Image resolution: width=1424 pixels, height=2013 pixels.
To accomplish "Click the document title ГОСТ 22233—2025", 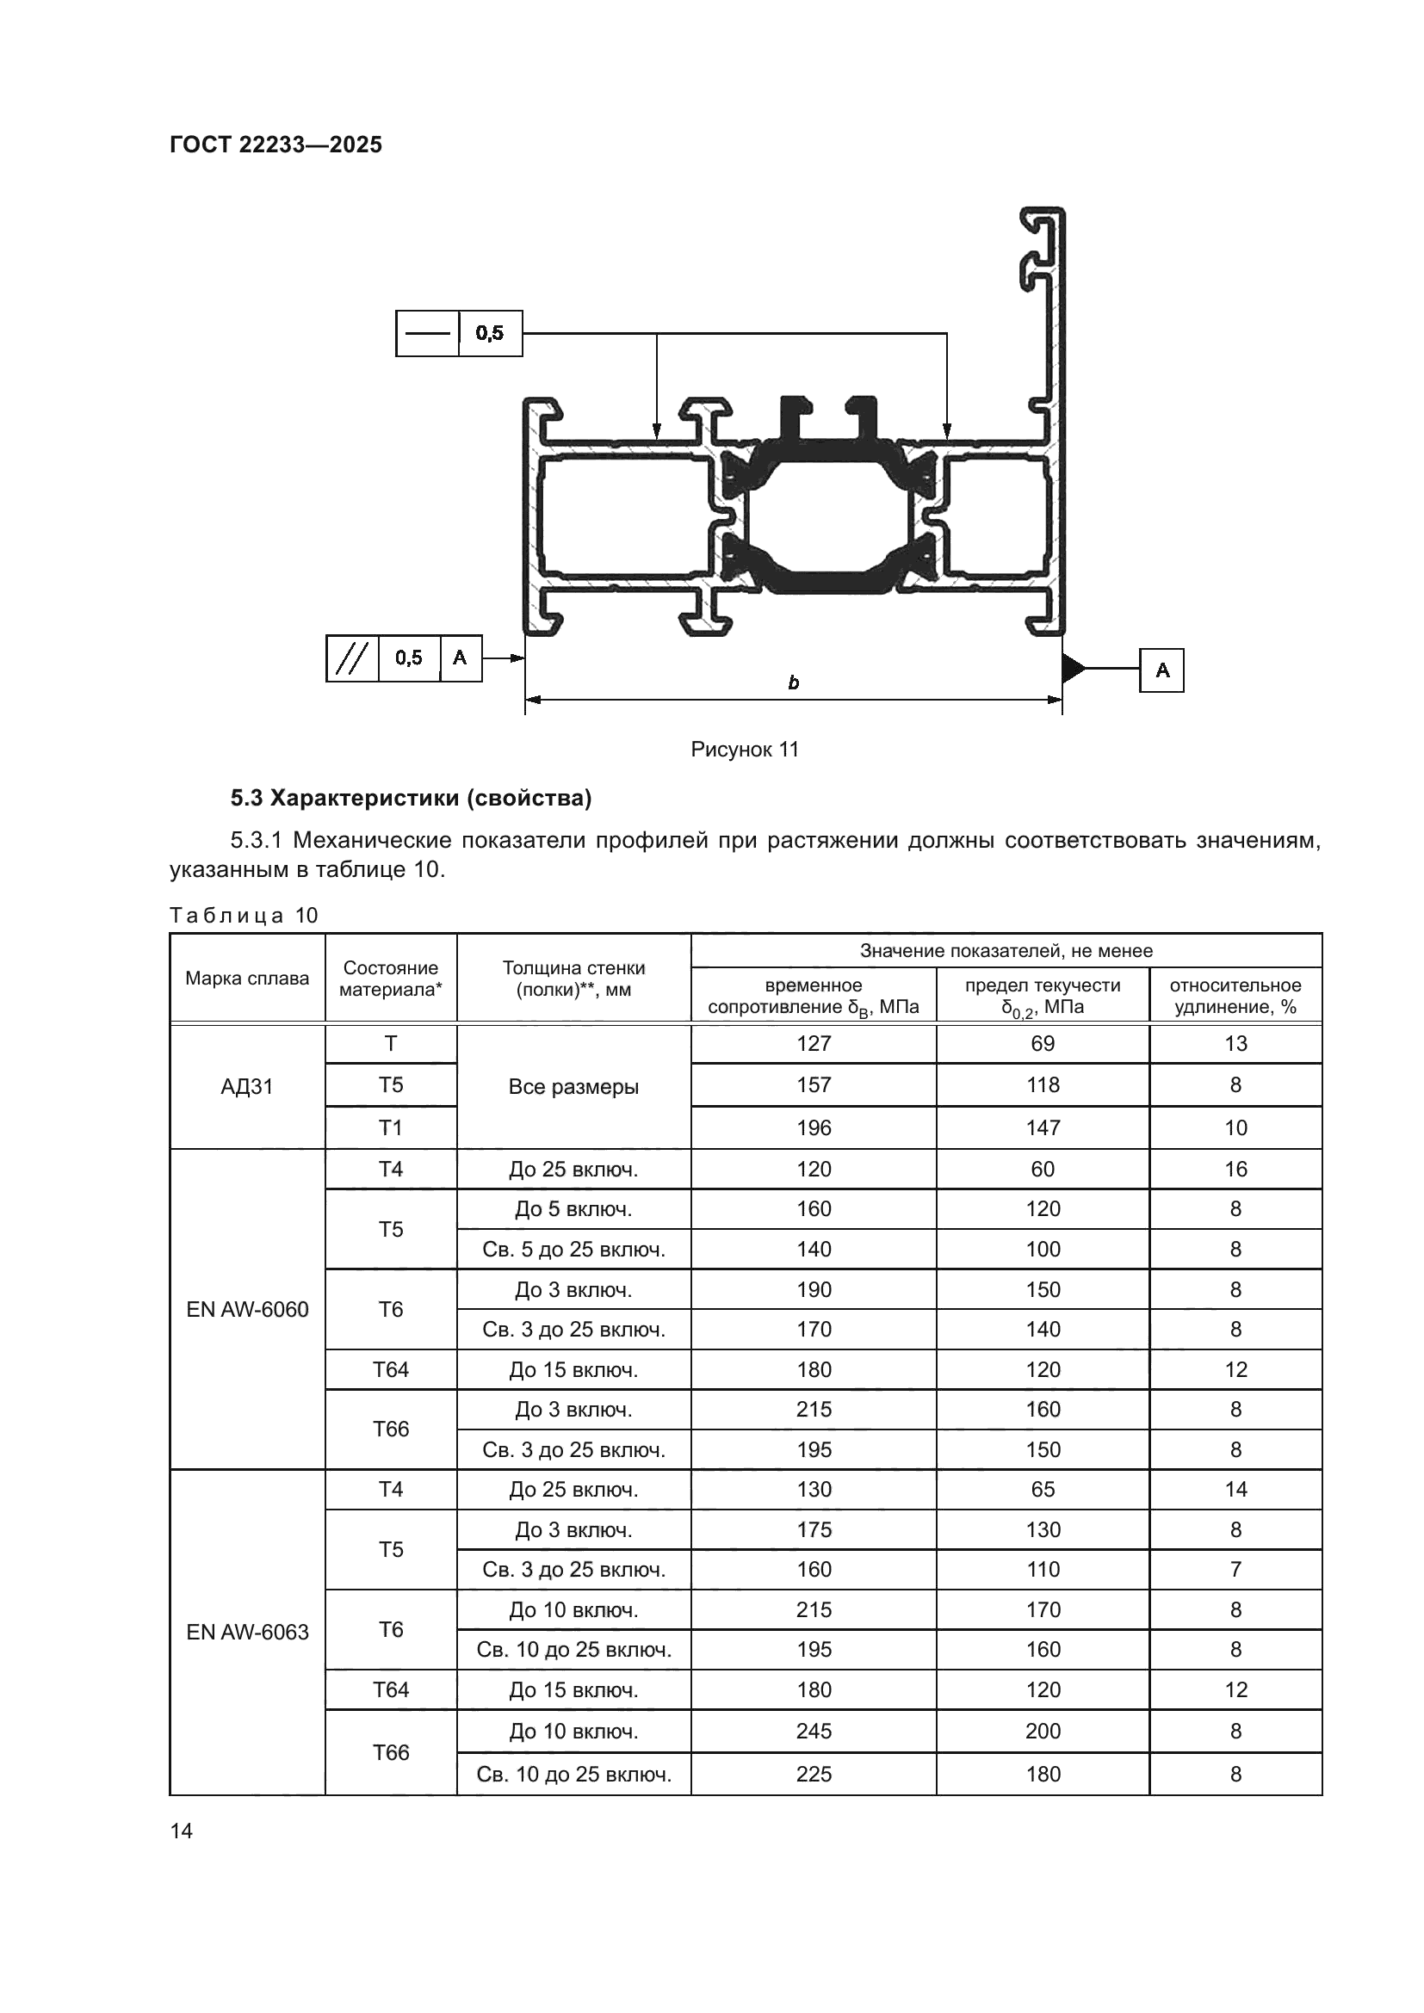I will click(x=276, y=145).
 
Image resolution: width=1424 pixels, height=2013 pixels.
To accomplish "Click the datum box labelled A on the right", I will click(x=1161, y=670).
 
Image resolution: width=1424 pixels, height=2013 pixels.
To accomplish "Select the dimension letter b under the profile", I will click(x=793, y=683).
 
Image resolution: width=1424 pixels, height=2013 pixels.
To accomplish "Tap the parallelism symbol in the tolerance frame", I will click(x=351, y=658).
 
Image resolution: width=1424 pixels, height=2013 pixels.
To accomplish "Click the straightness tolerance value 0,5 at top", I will click(x=490, y=333).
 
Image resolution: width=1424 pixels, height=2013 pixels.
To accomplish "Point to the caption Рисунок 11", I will click(x=745, y=750).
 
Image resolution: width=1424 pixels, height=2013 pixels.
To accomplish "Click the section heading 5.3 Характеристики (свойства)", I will click(x=411, y=798).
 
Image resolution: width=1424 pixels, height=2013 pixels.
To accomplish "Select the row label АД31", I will click(x=246, y=1086).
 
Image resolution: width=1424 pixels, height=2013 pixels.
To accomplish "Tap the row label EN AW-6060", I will click(x=247, y=1309).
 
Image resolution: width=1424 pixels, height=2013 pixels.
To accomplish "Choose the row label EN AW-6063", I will click(x=247, y=1632).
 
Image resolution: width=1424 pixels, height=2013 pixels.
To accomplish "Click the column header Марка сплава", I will click(x=246, y=979).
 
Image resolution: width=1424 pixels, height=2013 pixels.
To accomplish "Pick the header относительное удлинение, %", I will click(x=1235, y=996).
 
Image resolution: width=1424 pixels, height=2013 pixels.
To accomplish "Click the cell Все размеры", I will click(x=573, y=1086).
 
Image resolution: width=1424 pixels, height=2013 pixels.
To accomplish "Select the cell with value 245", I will click(x=813, y=1731).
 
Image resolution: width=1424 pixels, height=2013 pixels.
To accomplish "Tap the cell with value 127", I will click(x=813, y=1043).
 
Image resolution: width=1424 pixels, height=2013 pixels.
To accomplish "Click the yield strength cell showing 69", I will click(x=1043, y=1043).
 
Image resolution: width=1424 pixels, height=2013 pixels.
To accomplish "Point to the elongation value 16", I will click(x=1235, y=1169).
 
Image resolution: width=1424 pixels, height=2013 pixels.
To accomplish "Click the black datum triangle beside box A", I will click(x=1072, y=669).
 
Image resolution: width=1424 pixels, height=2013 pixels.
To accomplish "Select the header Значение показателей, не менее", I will click(x=1006, y=950).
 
